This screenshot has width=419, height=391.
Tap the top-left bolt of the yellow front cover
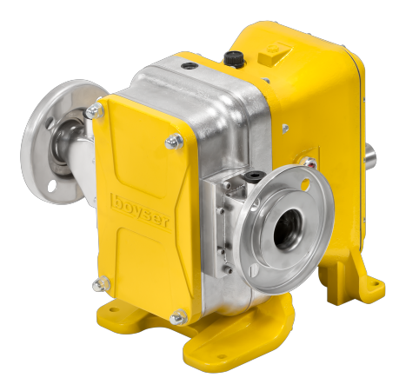[x=95, y=111]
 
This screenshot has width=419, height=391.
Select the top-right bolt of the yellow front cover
[x=174, y=142]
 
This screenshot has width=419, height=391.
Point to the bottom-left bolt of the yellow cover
[x=101, y=284]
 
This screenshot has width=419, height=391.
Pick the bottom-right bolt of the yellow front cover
[x=179, y=317]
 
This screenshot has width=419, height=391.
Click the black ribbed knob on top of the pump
[x=232, y=58]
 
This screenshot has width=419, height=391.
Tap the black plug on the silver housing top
[x=188, y=66]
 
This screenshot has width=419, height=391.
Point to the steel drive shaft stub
[x=371, y=155]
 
